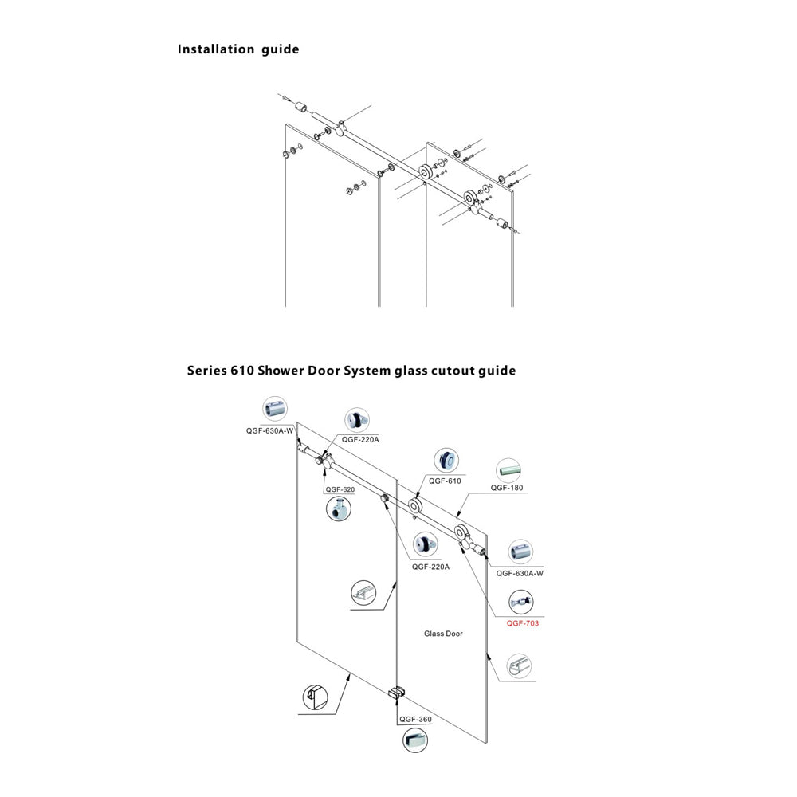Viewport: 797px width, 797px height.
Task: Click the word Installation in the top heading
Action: click(x=215, y=49)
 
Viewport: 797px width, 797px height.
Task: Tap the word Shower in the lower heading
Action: click(x=282, y=371)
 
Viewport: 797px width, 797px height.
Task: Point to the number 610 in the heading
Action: click(x=241, y=371)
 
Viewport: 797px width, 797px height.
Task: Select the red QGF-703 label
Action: click(x=523, y=623)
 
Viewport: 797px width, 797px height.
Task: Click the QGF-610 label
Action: click(x=445, y=481)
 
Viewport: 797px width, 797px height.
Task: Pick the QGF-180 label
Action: click(x=507, y=488)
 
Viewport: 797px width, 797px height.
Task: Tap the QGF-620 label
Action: click(x=339, y=489)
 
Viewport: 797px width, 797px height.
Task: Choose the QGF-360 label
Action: click(x=415, y=720)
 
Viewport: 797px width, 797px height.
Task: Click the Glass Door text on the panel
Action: click(x=443, y=634)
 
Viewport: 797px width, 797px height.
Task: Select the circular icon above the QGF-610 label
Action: click(x=446, y=460)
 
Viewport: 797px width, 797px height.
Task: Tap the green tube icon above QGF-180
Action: click(x=508, y=469)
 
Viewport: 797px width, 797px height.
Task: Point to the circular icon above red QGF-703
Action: click(x=521, y=602)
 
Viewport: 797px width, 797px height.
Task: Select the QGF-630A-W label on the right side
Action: click(x=520, y=573)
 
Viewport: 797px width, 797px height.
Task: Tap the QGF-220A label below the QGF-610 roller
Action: click(x=431, y=567)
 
